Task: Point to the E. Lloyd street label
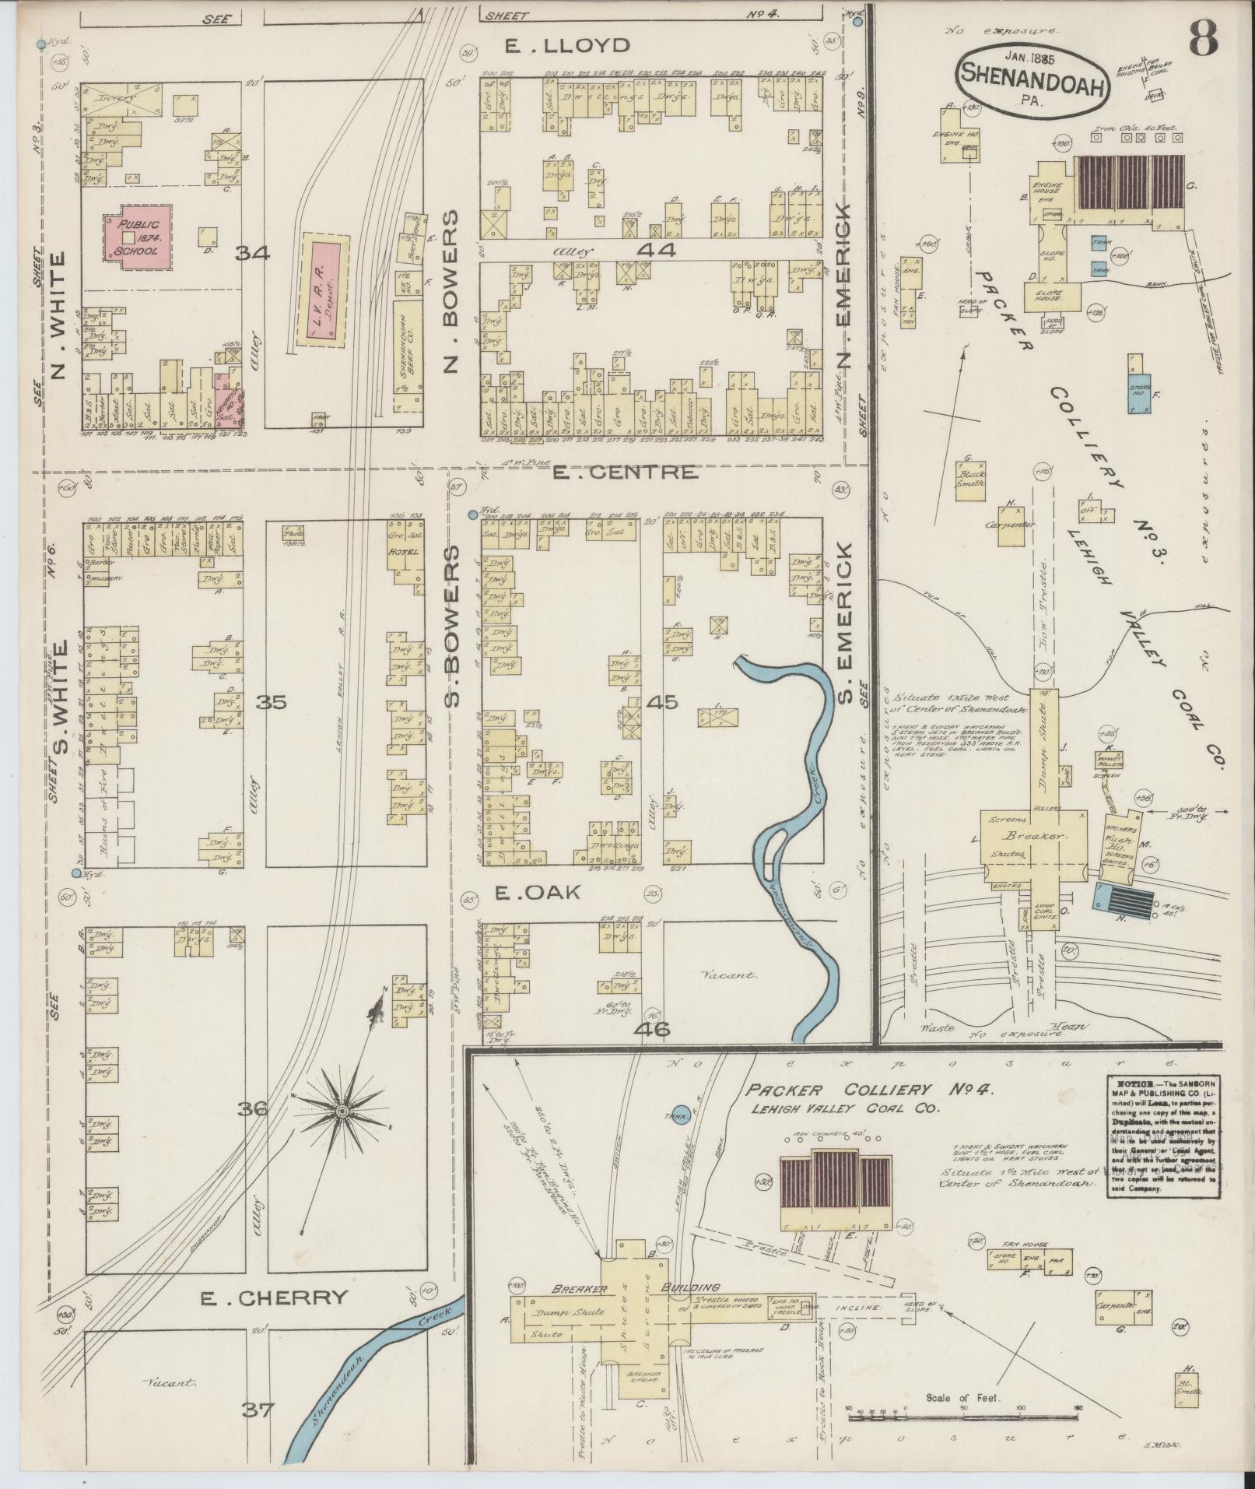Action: (566, 45)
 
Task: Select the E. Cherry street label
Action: (272, 1298)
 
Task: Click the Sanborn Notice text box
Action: (1161, 1141)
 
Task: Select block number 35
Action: (272, 703)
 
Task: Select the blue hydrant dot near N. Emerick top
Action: (857, 23)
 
